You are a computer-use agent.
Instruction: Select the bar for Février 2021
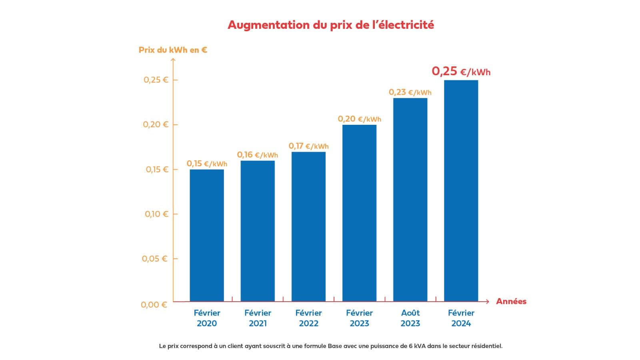coord(258,231)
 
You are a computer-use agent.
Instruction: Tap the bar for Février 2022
coord(308,226)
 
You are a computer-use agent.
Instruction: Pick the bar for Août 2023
coord(410,200)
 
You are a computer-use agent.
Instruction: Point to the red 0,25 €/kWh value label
coord(461,72)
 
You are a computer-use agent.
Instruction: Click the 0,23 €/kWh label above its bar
coord(410,92)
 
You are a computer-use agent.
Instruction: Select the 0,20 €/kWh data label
coord(359,119)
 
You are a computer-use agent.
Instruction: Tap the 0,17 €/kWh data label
coord(308,146)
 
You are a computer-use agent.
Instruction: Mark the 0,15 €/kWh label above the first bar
coord(207,164)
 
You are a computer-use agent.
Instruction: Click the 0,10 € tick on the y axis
coord(156,214)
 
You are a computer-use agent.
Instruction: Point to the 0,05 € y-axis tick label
coord(154,259)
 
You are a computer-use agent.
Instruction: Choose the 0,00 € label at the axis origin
coord(154,305)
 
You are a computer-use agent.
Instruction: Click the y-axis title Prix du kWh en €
coord(173,50)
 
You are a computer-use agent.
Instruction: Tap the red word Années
coord(511,302)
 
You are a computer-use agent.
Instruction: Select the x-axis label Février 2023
coord(359,318)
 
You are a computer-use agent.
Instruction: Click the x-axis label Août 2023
coord(410,318)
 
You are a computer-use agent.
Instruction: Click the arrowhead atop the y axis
coord(173,60)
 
